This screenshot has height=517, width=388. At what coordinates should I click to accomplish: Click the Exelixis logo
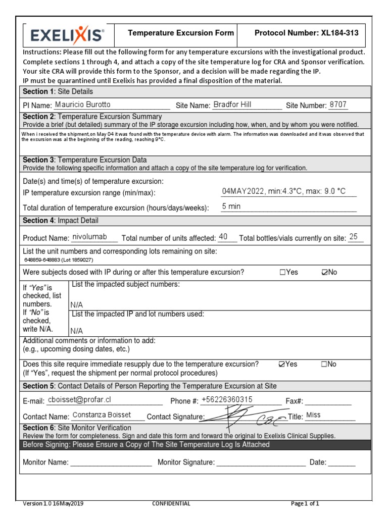point(67,35)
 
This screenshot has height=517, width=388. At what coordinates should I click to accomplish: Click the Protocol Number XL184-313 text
point(306,33)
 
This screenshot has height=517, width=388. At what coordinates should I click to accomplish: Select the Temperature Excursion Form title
point(180,33)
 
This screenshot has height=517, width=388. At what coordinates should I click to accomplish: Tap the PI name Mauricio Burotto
point(82,105)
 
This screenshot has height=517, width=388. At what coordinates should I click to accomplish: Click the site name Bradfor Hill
point(232,105)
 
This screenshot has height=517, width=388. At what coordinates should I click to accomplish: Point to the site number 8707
point(338,105)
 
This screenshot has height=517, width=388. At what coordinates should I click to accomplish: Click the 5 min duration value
point(231,206)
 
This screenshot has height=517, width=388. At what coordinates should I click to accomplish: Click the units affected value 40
point(223,236)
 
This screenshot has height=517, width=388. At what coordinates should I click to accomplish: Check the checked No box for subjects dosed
point(324,273)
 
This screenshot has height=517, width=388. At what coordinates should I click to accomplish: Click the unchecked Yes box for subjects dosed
point(282,273)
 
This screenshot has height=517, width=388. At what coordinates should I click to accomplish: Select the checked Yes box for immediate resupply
point(282,364)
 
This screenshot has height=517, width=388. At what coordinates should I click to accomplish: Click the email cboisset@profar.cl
point(79,400)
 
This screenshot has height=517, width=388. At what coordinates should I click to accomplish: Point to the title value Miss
point(313,415)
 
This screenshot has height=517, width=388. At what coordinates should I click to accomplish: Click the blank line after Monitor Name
point(111,462)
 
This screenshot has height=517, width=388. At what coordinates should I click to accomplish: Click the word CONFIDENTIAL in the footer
point(171,503)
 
